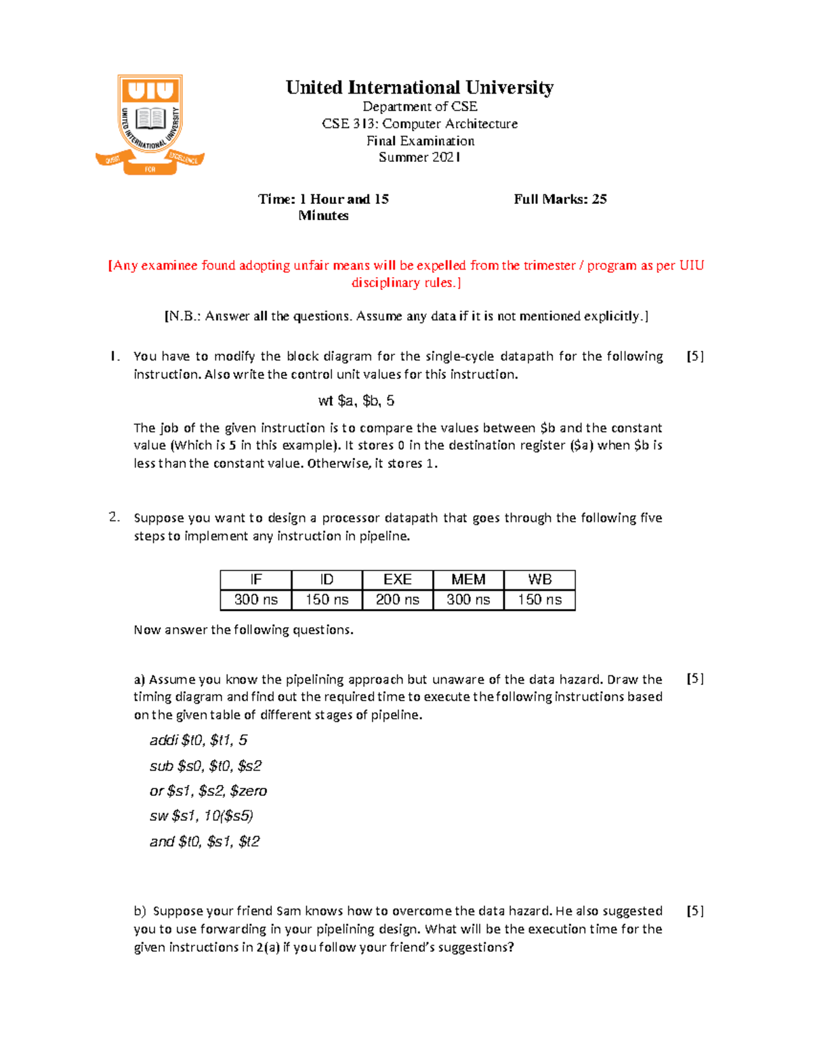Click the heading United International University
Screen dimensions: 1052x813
(419, 88)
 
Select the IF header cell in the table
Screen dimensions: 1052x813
(256, 580)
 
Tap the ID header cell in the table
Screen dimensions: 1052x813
(327, 580)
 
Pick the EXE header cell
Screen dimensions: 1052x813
(398, 580)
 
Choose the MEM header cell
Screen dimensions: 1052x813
(468, 580)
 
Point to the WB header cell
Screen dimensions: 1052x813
(539, 580)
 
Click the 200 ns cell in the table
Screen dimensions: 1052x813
(398, 599)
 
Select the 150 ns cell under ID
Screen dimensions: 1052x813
(327, 599)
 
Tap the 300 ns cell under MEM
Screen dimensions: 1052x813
(468, 599)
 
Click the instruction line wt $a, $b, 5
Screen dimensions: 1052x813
(356, 401)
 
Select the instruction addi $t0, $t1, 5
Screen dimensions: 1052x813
(199, 740)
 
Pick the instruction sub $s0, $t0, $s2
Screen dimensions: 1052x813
(205, 766)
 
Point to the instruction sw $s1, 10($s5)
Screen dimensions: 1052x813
(201, 816)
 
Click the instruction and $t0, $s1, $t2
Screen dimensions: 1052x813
(205, 842)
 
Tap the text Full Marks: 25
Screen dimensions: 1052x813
(560, 199)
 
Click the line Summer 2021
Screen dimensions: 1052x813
(419, 157)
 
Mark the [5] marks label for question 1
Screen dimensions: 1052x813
(694, 356)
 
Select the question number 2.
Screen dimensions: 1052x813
(114, 518)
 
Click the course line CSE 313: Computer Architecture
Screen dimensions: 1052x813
(419, 124)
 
